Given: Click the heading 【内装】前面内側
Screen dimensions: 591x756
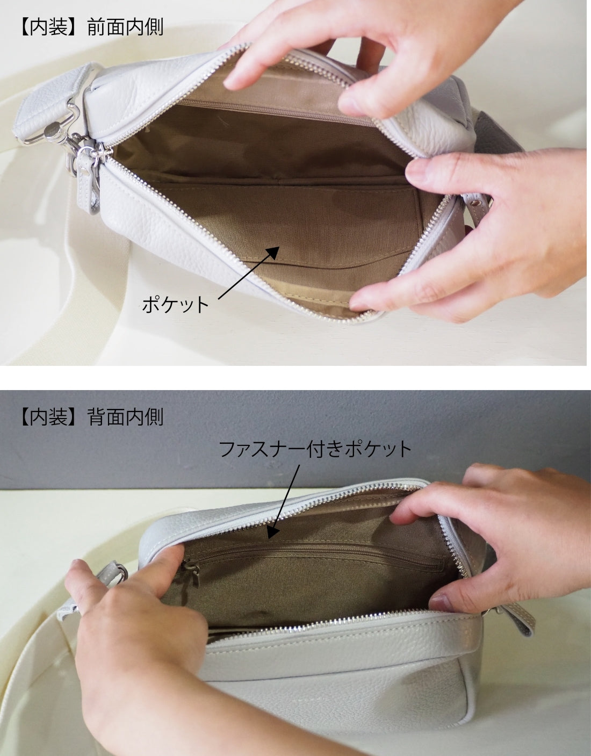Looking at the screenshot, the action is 91,27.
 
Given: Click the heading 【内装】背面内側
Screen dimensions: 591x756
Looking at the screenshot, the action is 91,416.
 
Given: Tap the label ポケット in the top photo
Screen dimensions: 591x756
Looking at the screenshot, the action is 175,305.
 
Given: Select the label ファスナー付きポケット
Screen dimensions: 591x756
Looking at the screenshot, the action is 315,450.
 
